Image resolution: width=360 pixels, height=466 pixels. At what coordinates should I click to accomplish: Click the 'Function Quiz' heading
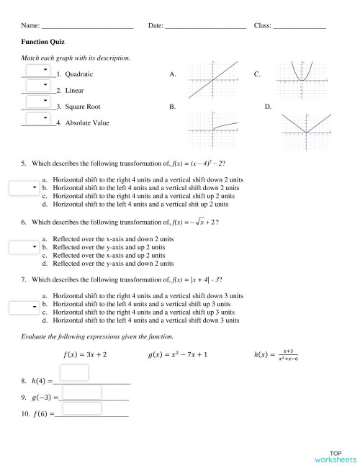pos(42,42)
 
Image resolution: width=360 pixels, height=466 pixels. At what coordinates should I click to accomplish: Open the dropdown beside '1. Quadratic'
pos(37,70)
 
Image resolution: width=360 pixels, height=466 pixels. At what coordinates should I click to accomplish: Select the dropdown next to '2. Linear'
pos(37,86)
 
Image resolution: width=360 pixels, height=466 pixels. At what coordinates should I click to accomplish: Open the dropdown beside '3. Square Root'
pos(37,102)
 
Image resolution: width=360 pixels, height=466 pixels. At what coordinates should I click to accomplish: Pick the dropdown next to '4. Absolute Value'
pos(37,119)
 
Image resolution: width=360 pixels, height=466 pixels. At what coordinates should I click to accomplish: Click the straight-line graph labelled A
pos(213,81)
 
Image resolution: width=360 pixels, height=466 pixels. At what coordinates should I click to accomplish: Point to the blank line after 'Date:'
pos(205,26)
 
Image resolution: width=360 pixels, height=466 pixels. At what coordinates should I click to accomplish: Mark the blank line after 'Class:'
pos(299,26)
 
